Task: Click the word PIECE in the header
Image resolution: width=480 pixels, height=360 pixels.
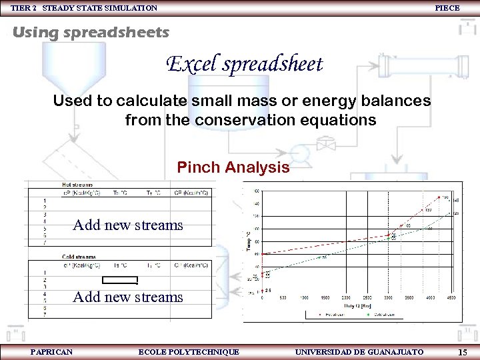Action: (x=447, y=8)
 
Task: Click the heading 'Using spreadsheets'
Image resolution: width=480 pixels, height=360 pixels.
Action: (x=91, y=32)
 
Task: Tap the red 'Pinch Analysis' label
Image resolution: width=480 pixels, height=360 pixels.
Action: (x=233, y=167)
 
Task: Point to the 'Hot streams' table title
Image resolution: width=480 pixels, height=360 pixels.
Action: (x=77, y=185)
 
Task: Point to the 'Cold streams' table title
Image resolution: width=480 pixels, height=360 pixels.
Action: (x=79, y=257)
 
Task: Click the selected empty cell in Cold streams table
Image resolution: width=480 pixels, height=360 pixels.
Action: (x=120, y=280)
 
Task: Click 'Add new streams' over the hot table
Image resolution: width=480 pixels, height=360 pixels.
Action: (x=127, y=225)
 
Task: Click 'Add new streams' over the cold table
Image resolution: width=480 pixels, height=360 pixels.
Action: (x=127, y=297)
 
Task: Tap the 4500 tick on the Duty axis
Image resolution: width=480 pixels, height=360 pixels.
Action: (x=451, y=298)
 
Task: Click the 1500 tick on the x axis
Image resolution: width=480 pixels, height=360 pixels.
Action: (x=325, y=298)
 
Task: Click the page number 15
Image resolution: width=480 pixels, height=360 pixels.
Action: (x=463, y=351)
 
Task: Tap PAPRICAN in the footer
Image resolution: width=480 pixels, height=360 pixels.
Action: (x=51, y=351)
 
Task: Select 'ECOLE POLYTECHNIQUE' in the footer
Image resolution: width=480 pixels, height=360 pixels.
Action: (x=189, y=351)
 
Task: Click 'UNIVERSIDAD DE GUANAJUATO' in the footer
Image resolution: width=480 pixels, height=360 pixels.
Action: (x=359, y=351)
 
